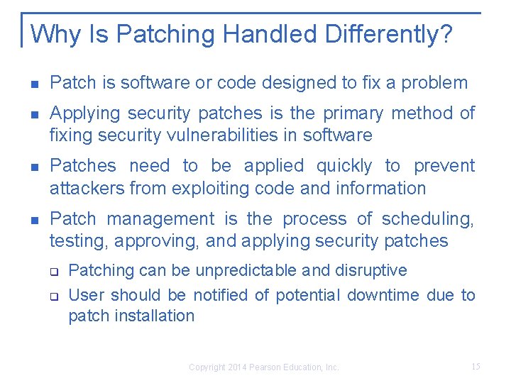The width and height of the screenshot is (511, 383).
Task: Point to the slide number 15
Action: tap(476, 367)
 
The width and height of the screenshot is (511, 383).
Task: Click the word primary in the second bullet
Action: tap(356, 113)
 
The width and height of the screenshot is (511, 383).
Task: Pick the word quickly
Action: tap(344, 166)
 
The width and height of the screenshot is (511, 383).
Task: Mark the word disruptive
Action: tap(373, 270)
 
